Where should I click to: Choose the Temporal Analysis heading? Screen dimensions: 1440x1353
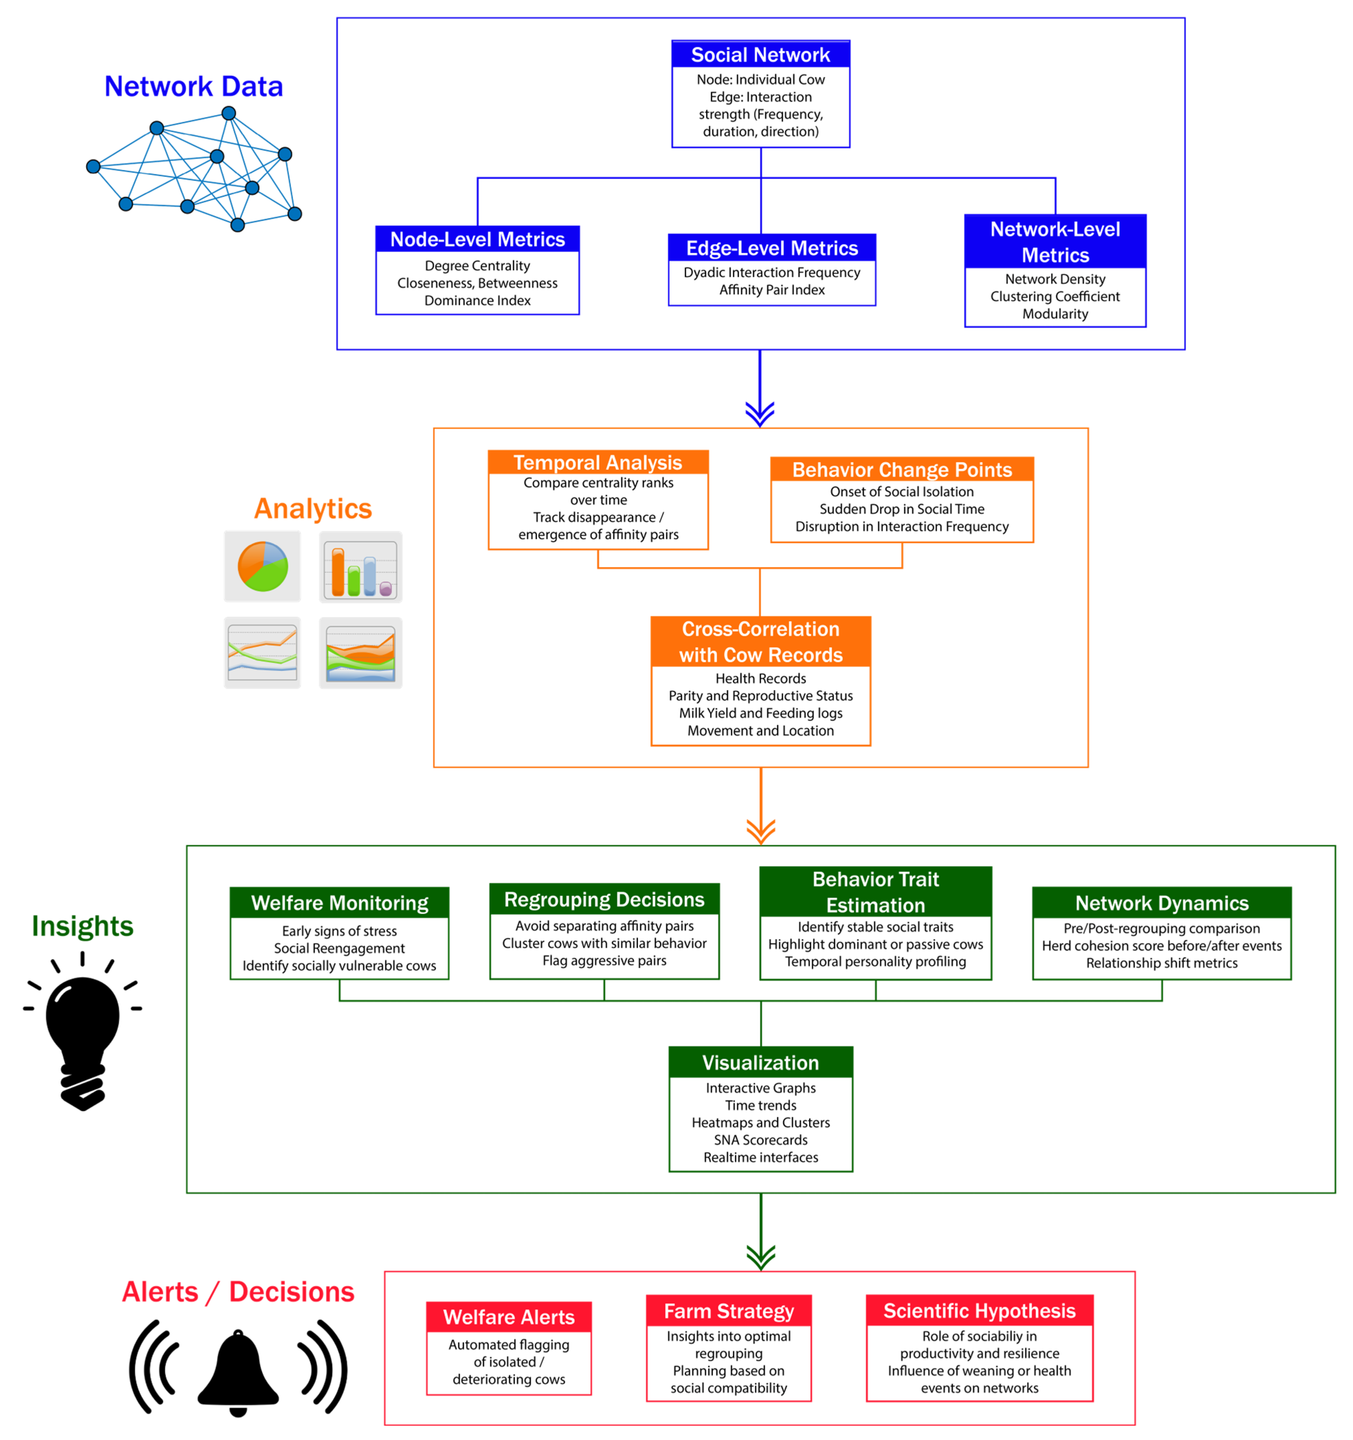tap(597, 462)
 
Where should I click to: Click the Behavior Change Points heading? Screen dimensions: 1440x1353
tap(902, 469)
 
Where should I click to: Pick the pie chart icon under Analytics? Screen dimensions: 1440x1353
tap(262, 566)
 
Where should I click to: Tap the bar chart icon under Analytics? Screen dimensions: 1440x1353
tap(360, 567)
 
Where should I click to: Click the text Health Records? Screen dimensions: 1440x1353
tap(761, 678)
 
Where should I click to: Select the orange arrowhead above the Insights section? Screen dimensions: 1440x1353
tap(761, 831)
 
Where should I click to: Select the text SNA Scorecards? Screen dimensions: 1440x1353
tap(761, 1139)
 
